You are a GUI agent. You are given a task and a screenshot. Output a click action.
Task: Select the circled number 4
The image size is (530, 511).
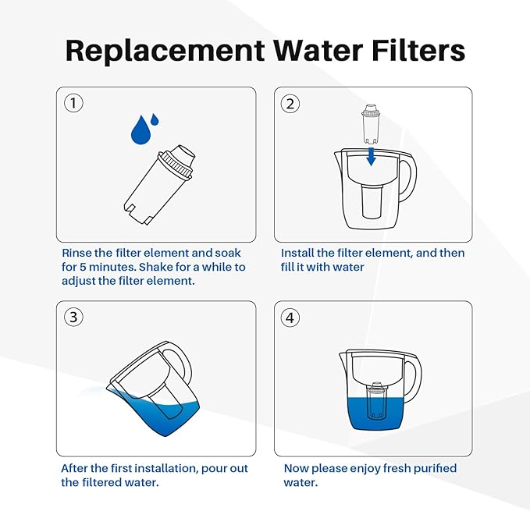tap(290, 317)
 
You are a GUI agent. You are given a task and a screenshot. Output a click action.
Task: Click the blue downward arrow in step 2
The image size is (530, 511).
tap(372, 156)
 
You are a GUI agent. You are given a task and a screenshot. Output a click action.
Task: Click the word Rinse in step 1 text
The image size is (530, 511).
tap(78, 254)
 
